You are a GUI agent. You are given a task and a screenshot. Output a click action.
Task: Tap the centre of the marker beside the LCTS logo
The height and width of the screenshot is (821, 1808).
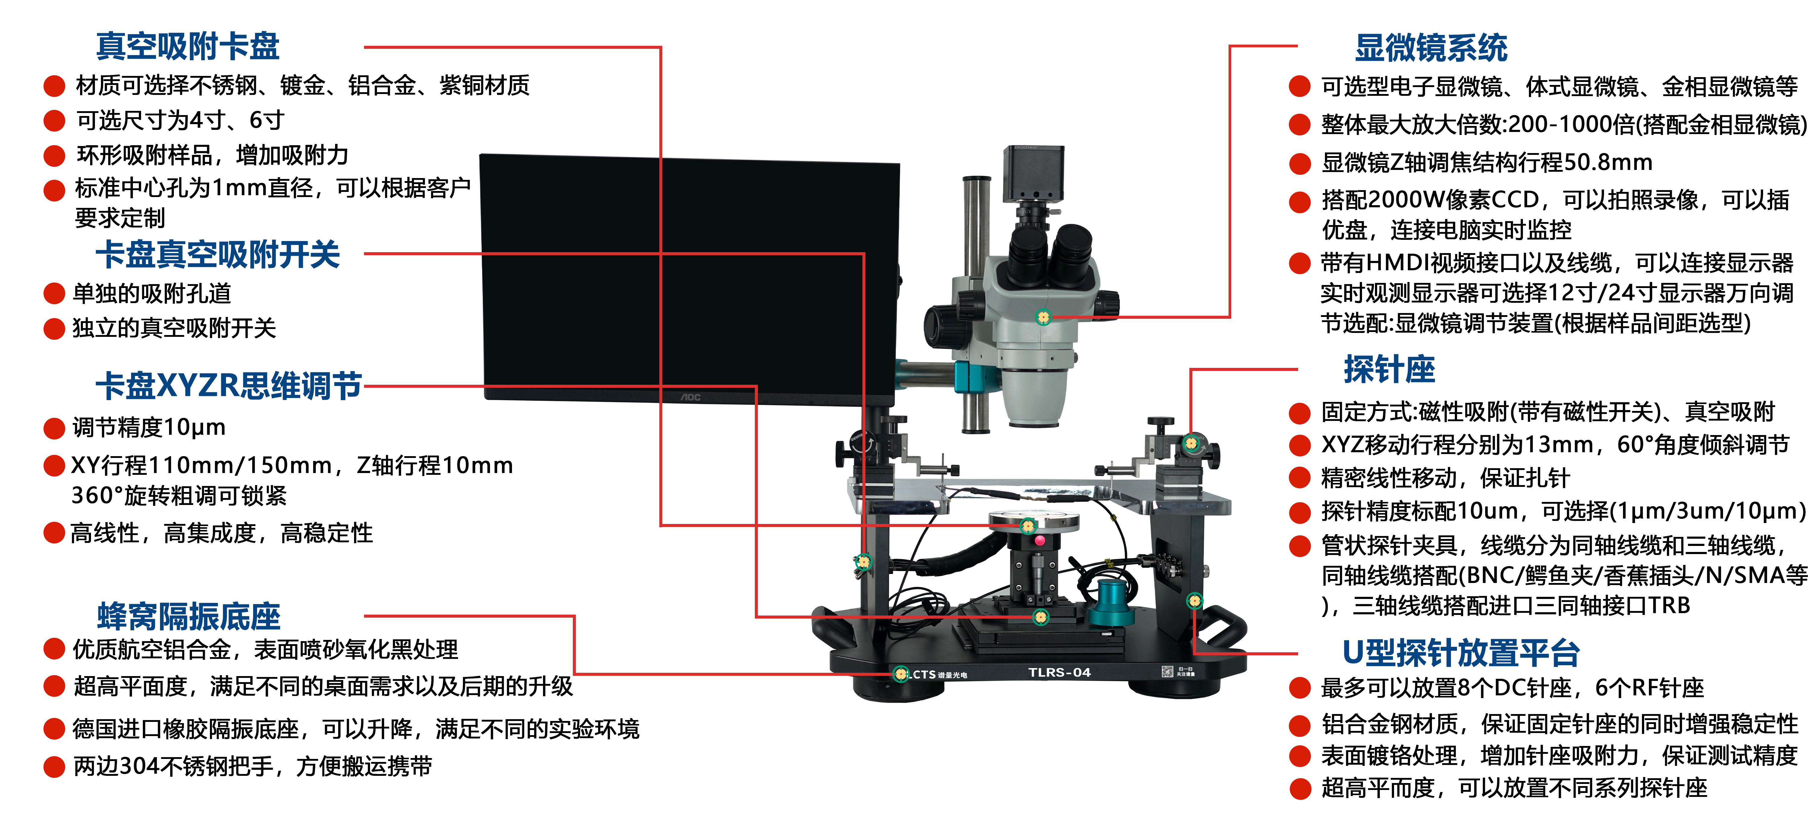coord(900,674)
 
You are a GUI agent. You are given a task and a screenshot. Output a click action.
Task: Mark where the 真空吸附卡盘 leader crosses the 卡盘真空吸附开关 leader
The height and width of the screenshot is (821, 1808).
coord(661,253)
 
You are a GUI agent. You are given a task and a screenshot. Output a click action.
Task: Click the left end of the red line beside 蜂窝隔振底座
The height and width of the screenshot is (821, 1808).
coord(365,616)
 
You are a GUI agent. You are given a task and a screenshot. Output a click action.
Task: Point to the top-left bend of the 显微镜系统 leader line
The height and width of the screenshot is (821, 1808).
coord(1230,46)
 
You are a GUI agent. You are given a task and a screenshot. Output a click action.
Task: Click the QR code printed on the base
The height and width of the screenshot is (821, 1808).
coord(1166,672)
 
